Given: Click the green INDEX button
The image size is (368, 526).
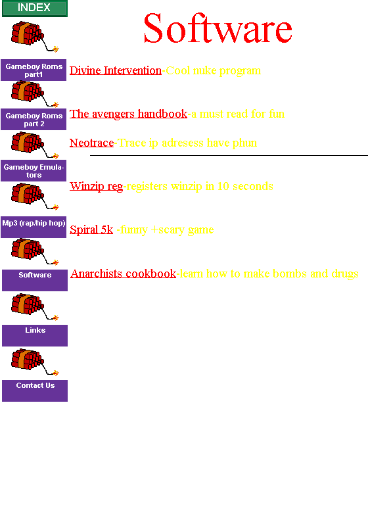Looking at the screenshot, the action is [x=35, y=8].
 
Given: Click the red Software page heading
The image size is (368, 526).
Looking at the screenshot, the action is [x=218, y=28].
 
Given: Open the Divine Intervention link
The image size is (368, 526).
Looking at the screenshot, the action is [x=116, y=70].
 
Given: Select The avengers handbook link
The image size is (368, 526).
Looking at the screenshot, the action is [x=128, y=114].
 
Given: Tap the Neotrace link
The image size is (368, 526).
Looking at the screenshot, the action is [x=92, y=143].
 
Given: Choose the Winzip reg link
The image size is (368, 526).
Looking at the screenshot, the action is [x=97, y=186].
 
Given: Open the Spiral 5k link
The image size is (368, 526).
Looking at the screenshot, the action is [x=91, y=229].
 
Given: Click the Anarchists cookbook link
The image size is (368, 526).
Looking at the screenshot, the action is [x=124, y=274].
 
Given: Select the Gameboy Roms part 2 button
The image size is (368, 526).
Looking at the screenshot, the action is [x=34, y=120].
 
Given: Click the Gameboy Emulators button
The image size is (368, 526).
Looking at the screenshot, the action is [x=34, y=171].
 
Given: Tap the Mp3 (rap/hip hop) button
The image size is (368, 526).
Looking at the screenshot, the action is [x=34, y=227].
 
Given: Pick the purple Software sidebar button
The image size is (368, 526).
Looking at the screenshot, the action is [x=35, y=281].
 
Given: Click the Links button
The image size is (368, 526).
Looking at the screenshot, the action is [x=35, y=335].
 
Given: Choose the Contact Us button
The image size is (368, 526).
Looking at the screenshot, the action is [x=35, y=391].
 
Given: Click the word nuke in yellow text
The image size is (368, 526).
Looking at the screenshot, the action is [x=205, y=71].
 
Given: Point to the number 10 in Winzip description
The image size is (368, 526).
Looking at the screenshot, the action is [x=223, y=186].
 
